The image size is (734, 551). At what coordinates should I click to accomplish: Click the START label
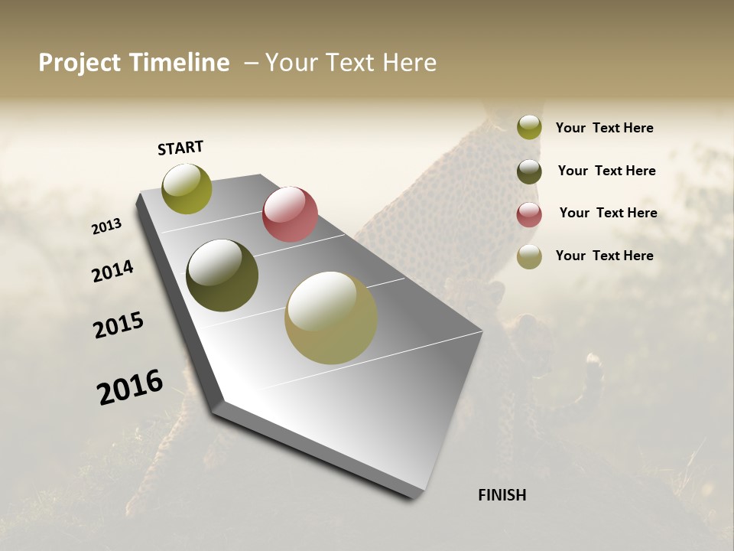click(180, 148)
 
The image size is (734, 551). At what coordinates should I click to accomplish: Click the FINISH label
click(502, 495)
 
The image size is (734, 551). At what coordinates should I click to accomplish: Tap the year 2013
click(106, 227)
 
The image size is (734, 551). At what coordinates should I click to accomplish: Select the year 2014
click(113, 271)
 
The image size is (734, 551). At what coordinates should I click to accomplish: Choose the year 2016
click(130, 387)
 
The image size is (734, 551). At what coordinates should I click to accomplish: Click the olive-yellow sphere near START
click(187, 188)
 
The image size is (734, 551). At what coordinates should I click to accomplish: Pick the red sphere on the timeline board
click(290, 214)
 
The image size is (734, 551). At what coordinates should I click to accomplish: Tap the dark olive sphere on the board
click(222, 275)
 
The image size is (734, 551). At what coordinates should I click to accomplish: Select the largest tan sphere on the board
click(331, 318)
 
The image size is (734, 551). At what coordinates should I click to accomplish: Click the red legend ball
click(529, 214)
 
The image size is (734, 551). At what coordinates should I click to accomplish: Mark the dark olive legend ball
click(529, 171)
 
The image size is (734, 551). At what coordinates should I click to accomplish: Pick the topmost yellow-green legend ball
click(529, 127)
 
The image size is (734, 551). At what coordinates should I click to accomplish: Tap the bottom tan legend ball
click(529, 256)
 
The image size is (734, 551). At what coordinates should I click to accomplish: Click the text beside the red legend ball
click(608, 213)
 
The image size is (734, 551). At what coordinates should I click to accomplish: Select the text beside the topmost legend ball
click(604, 128)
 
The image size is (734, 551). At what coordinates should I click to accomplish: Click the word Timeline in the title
click(179, 63)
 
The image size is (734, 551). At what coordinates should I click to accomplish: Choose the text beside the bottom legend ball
click(604, 256)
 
